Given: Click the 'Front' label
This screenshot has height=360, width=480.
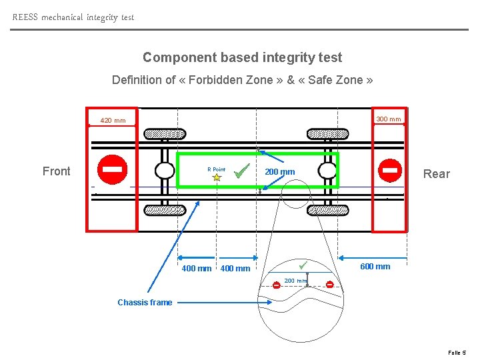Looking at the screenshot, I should pos(56,171).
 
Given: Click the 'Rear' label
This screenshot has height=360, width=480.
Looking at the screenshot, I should pos(437,174).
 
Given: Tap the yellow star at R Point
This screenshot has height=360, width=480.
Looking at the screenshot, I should pos(217,178).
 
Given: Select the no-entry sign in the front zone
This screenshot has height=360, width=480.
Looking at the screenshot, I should pos(112,169).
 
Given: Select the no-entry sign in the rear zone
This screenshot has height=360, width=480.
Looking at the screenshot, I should pos(390,170).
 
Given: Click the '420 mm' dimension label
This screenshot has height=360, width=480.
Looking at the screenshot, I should pos(113,121).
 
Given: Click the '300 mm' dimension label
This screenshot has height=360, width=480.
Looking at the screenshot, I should pos(389,119).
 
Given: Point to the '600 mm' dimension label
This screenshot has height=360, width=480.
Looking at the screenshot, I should pos(375,267).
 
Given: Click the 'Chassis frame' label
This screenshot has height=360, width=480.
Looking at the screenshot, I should pos(145,303).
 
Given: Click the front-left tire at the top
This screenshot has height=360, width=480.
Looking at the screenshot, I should pos(165,133).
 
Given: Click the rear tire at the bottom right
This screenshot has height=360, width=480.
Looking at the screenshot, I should pos(327,209).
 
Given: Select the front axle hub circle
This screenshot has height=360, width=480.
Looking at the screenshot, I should pos(165,171).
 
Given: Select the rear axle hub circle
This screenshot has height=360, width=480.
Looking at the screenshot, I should pos(327,171).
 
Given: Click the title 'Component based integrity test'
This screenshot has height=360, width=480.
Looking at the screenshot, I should pos(242,58).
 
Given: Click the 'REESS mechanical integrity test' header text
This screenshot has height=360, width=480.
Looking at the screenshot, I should pos(73,17).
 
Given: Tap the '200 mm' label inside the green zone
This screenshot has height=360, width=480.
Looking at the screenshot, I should pos(280,172).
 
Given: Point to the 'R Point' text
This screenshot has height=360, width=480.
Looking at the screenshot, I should pos(216,169).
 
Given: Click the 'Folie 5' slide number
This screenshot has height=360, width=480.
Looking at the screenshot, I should pos(457,352).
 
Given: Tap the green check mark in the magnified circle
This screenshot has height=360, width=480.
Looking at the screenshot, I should pos(303,265).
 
